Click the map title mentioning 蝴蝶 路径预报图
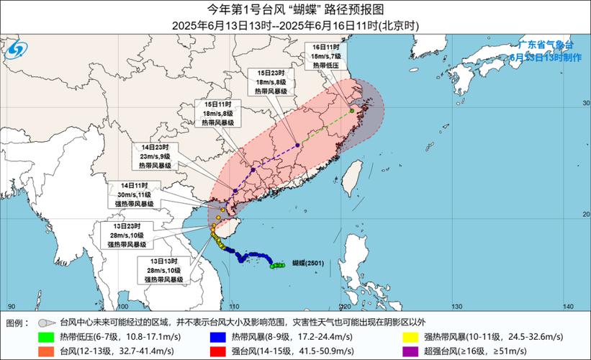295,9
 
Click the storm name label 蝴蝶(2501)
307,264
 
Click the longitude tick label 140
569,307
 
